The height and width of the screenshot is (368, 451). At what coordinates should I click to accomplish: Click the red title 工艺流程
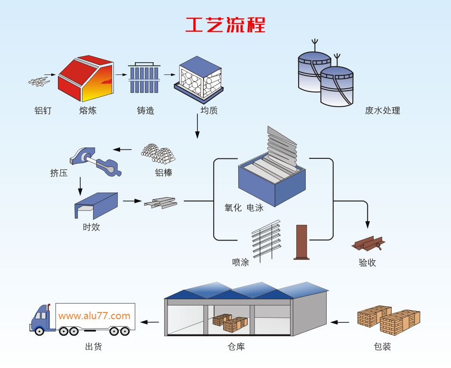[225, 25]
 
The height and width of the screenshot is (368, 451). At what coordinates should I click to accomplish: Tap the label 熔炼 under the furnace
[88, 110]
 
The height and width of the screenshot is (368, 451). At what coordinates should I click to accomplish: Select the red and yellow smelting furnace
[86, 78]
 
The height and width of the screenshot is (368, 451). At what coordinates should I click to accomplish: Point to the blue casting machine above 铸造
[144, 77]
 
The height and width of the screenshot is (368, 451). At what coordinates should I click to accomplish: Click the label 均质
[209, 110]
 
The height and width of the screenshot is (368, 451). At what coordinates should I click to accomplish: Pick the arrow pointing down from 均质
[197, 126]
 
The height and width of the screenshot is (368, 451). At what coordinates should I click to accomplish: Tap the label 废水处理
[383, 110]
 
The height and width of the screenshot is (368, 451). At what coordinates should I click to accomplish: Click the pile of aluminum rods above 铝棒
[158, 154]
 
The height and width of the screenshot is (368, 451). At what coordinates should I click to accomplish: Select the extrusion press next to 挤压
[95, 161]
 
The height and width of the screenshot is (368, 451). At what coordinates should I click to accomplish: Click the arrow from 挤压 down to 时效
[80, 186]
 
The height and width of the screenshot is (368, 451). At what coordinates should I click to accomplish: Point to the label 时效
[92, 227]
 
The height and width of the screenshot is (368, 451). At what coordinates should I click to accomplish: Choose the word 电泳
[255, 207]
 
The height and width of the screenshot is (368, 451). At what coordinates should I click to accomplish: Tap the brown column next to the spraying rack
[301, 242]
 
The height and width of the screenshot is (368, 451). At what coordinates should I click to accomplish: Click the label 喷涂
[241, 262]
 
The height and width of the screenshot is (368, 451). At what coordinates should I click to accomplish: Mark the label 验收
[367, 262]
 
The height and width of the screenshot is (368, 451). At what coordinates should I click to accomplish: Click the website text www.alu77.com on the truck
[94, 316]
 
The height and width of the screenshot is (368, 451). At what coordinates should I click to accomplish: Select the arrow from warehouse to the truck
[150, 322]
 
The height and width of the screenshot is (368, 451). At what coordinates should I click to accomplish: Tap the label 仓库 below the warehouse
[236, 347]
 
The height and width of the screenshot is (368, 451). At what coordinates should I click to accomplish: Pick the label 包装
[383, 347]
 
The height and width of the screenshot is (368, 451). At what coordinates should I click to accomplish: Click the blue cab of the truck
[42, 318]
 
